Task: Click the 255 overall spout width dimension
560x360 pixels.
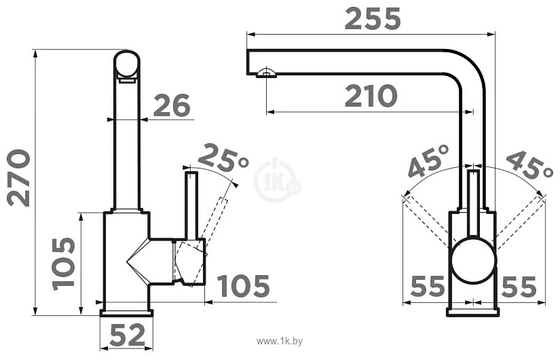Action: coord(373,19)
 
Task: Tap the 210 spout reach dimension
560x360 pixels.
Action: coord(371,96)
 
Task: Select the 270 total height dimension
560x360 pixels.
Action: coord(18,178)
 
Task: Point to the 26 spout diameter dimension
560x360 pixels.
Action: coord(172,105)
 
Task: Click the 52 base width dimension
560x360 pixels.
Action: coord(128,335)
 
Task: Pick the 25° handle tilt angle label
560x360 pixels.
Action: coord(223,158)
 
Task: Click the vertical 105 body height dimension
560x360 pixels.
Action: coord(64,264)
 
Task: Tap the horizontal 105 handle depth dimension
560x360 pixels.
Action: coord(244,286)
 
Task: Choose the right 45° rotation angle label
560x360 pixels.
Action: coord(529,164)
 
